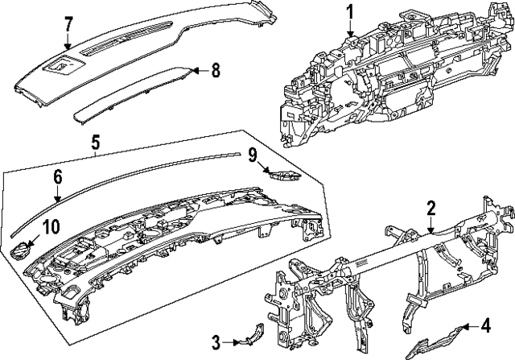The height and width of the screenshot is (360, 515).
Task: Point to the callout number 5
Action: pyautogui.click(x=94, y=143)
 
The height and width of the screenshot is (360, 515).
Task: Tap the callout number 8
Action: pyautogui.click(x=215, y=70)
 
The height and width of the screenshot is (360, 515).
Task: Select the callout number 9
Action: pyautogui.click(x=252, y=152)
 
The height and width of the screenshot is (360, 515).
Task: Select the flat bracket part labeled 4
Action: pyautogui.click(x=439, y=339)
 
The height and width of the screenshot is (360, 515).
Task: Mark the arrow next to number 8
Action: pyautogui.click(x=199, y=71)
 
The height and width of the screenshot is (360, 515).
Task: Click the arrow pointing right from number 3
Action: pyautogui.click(x=233, y=343)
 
